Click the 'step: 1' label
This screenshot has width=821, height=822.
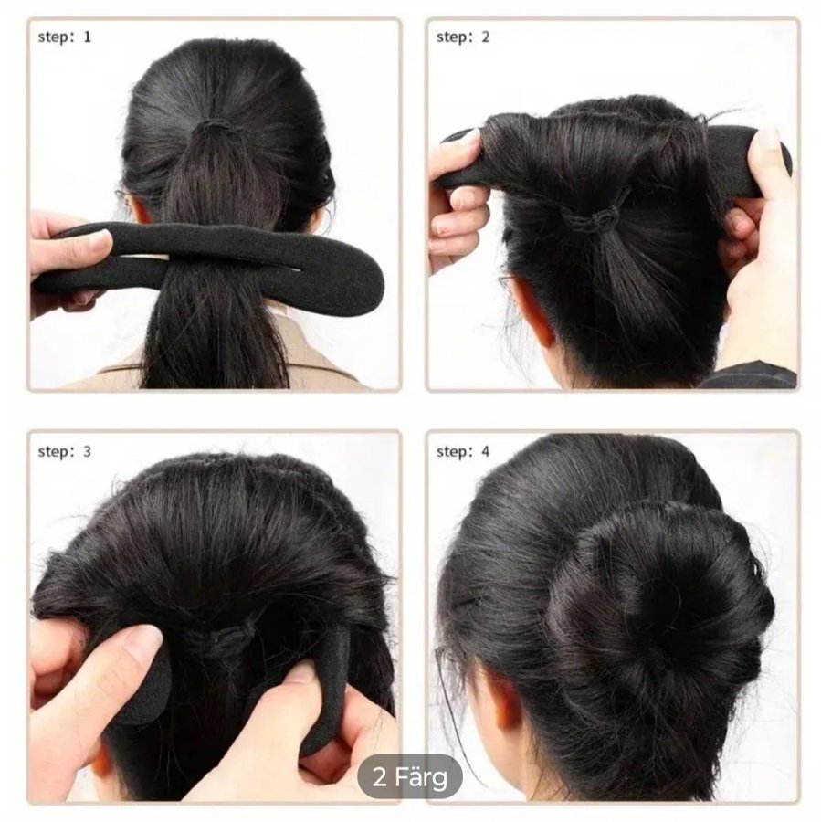65,37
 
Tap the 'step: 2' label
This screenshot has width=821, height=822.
463,37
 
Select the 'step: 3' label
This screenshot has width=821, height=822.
65,451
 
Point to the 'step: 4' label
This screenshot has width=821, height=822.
463,451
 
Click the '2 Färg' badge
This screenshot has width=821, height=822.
410,777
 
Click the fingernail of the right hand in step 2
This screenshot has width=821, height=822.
769,141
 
